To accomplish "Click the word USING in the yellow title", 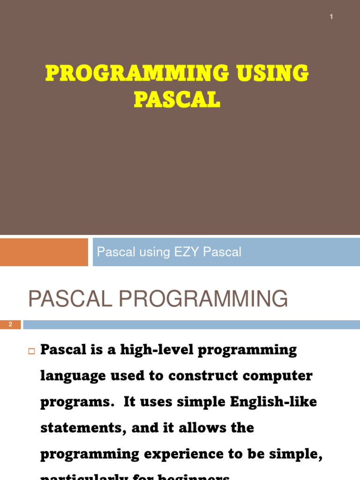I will point(269,74).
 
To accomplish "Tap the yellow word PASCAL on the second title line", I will point(177,99).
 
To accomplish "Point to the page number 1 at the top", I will point(331,17).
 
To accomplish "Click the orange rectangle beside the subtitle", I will point(44,252).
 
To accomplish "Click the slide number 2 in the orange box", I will point(10,324).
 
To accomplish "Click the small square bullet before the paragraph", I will point(32,351).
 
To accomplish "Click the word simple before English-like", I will point(201,402).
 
